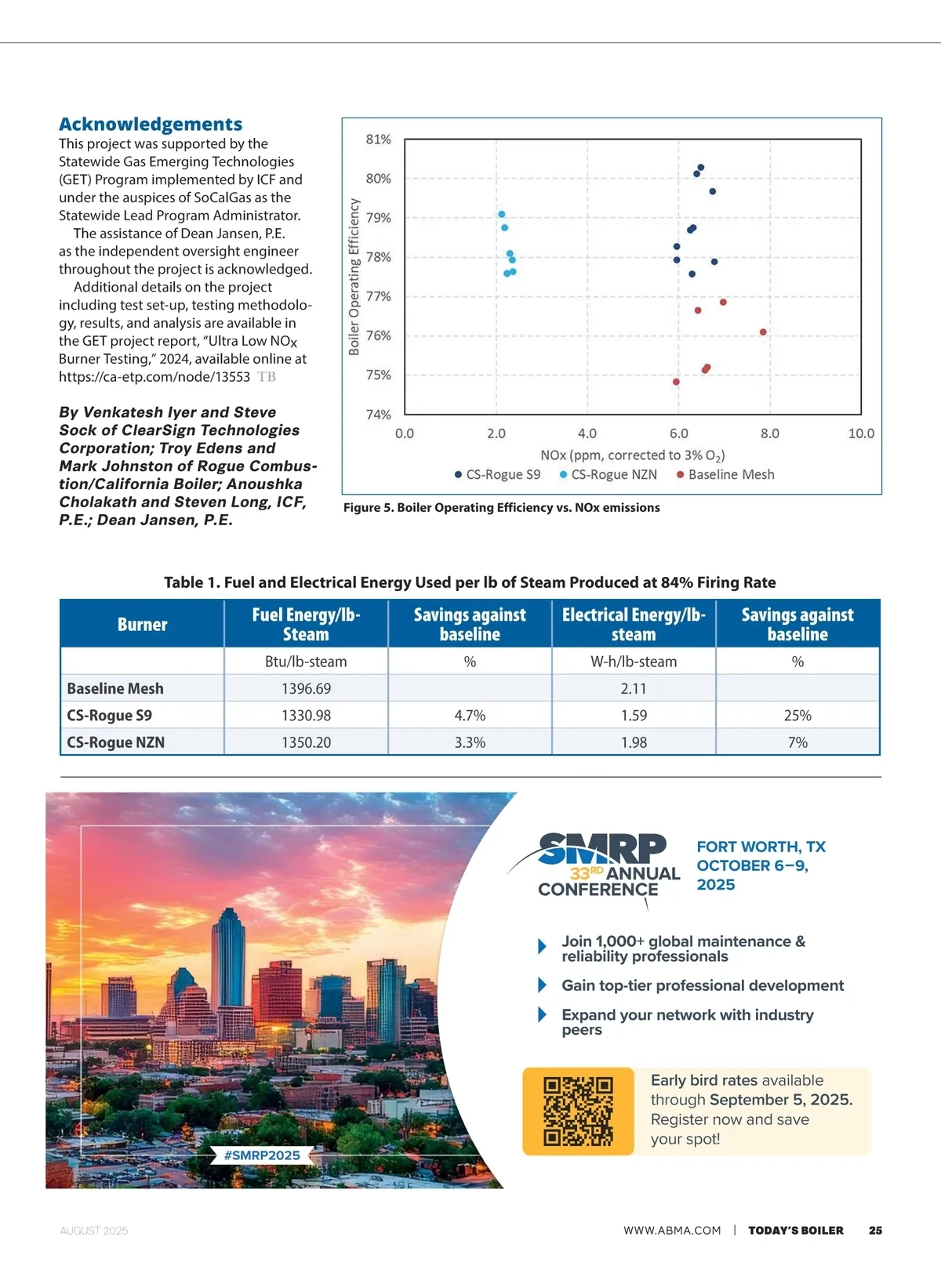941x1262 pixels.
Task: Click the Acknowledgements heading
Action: pyautogui.click(x=151, y=124)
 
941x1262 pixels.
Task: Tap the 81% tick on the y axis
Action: pyautogui.click(x=378, y=140)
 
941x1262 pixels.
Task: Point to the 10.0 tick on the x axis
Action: pyautogui.click(x=861, y=433)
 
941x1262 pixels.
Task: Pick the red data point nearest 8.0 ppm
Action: pyautogui.click(x=763, y=332)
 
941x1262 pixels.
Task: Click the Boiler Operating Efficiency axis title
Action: pyautogui.click(x=354, y=276)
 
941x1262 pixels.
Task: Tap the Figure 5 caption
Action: pyautogui.click(x=501, y=507)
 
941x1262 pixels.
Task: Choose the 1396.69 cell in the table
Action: pyautogui.click(x=306, y=688)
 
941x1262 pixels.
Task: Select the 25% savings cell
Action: pyautogui.click(x=797, y=716)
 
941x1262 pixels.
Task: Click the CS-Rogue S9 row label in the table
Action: pyautogui.click(x=110, y=716)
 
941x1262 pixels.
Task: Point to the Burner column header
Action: pyautogui.click(x=142, y=624)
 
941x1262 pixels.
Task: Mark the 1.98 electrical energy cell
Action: pyautogui.click(x=634, y=742)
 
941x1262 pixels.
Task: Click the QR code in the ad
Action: pyautogui.click(x=578, y=1112)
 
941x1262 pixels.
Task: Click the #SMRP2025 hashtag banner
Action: pyautogui.click(x=262, y=1155)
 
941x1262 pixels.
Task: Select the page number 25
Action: pyautogui.click(x=875, y=1231)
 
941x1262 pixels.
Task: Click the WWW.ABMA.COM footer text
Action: pyautogui.click(x=672, y=1231)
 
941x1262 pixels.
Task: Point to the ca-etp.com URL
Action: pyautogui.click(x=154, y=377)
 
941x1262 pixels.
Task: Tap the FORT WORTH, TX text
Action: pyautogui.click(x=761, y=847)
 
